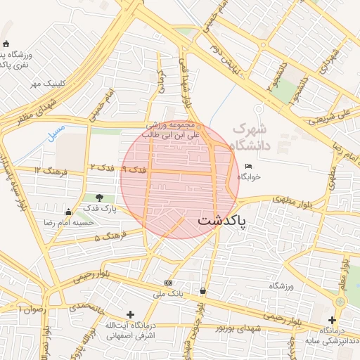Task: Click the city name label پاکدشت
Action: click(221, 221)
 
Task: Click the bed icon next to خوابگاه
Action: click(248, 166)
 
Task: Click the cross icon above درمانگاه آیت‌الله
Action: click(129, 314)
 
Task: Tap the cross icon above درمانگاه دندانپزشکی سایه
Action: click(331, 320)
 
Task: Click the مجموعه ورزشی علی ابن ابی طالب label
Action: click(172, 128)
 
